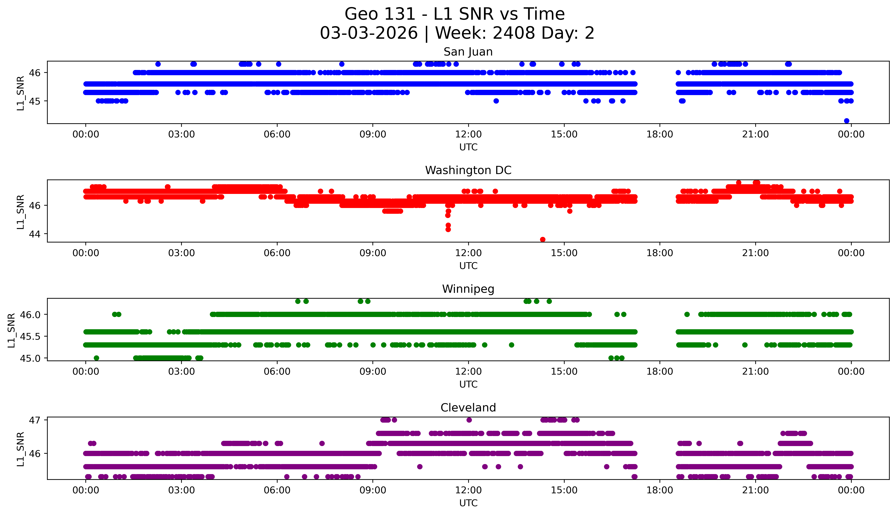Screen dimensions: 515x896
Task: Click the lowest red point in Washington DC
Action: click(x=543, y=239)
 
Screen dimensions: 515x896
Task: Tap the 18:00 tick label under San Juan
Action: click(x=660, y=134)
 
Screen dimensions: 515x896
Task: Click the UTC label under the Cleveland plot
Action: click(x=468, y=503)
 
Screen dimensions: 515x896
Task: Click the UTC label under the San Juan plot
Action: click(x=468, y=147)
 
